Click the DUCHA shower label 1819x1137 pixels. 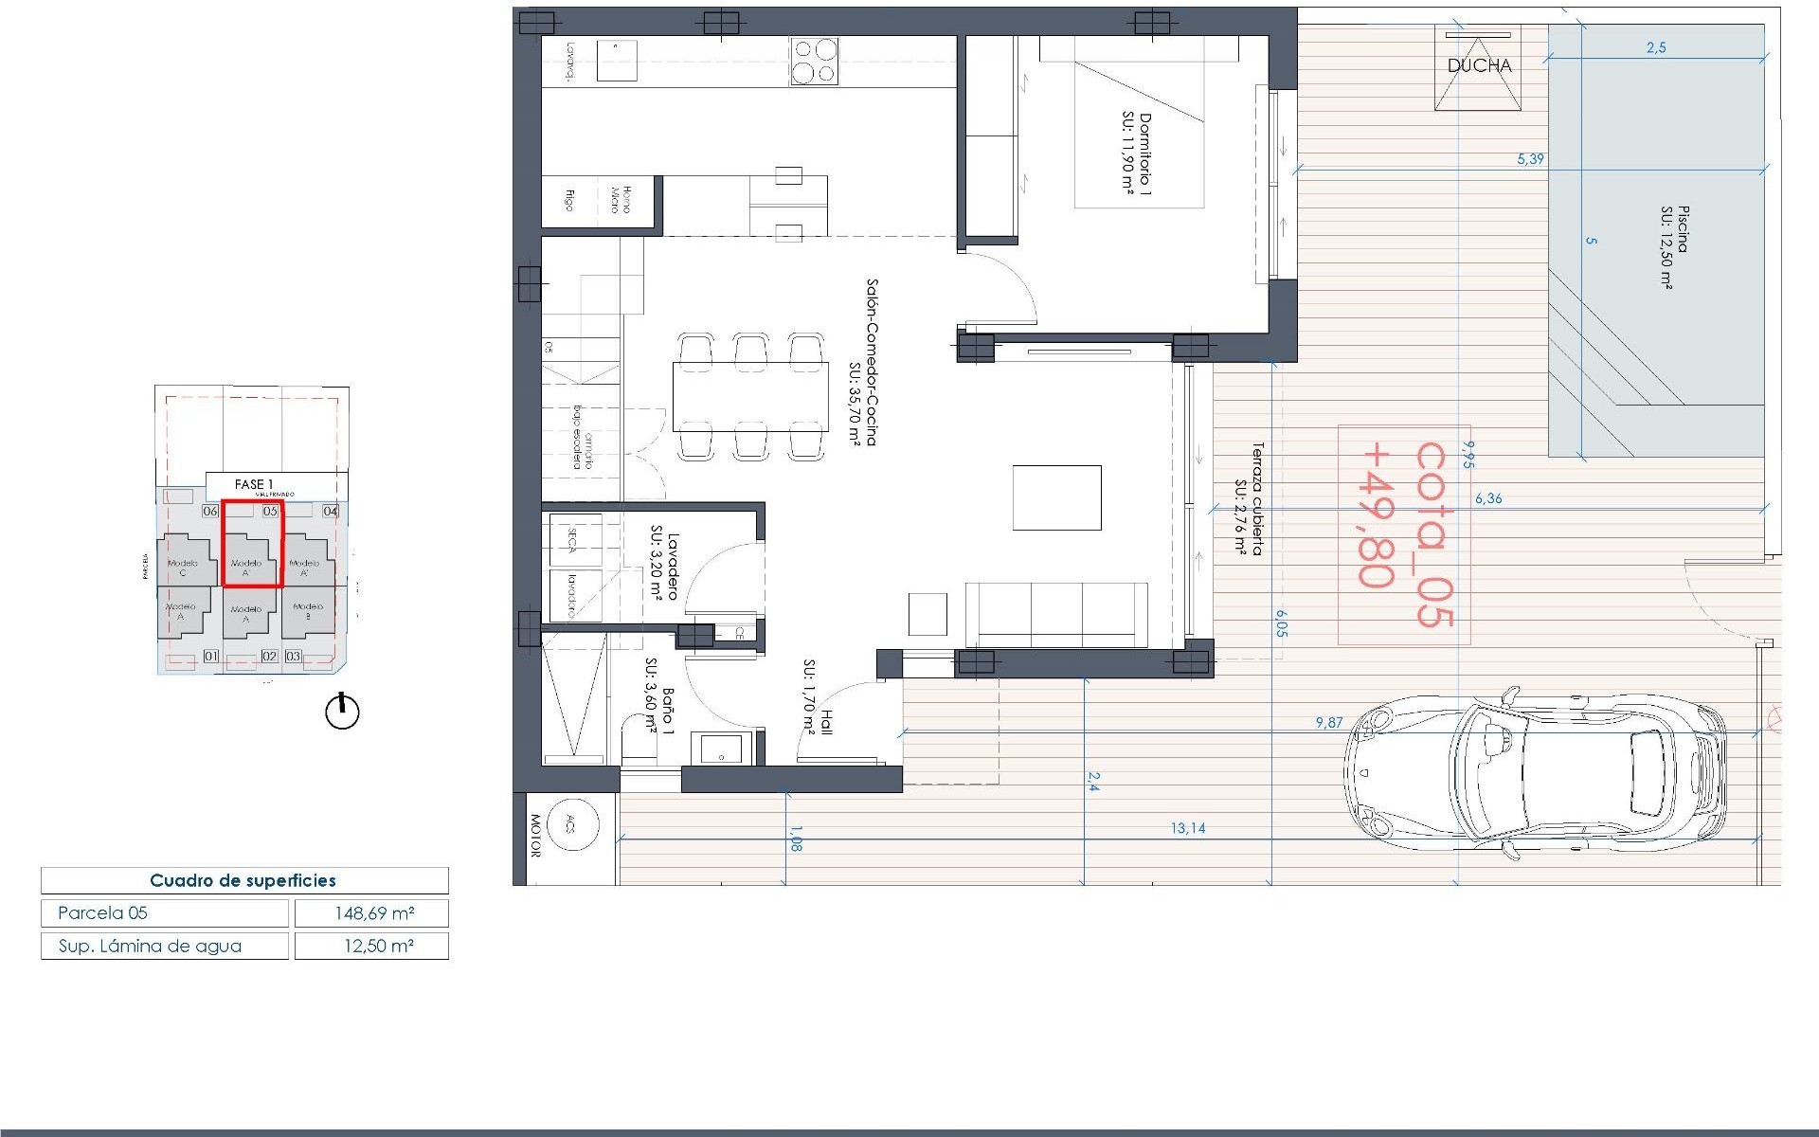1479,65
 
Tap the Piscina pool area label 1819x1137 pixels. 1675,245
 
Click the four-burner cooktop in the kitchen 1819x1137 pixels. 814,62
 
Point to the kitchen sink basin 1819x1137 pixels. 617,61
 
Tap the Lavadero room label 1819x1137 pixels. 664,565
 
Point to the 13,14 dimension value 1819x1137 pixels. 1187,828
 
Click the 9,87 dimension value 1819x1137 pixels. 1329,722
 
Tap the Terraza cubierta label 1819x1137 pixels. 1250,498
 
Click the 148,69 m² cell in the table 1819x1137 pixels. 372,913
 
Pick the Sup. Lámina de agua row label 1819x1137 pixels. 151,946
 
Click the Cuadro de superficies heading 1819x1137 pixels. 243,880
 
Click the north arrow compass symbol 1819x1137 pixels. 342,711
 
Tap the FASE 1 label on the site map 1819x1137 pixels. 253,484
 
